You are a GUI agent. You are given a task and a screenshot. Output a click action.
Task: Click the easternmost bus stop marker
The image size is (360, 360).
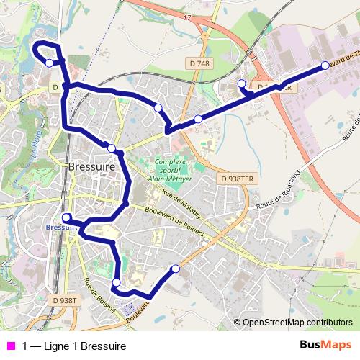325,66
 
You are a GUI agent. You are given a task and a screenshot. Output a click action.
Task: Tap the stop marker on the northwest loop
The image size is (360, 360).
49,63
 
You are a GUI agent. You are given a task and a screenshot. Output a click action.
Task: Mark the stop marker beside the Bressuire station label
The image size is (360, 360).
66,217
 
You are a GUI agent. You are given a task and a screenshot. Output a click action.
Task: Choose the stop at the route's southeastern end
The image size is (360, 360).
175,269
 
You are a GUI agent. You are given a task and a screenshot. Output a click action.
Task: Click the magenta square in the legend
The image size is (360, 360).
10,346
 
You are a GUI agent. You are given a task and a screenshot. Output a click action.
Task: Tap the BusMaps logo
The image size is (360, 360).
325,345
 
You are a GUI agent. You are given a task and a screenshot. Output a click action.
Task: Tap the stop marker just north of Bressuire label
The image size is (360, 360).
112,148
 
